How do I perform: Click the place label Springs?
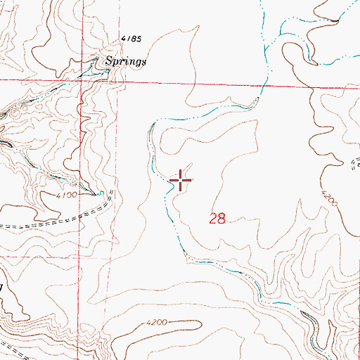(x=126, y=61)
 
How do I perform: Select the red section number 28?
(x=217, y=219)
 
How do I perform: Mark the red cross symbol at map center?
(x=181, y=181)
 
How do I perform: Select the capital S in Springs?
(x=109, y=61)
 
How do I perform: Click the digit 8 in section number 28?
(x=221, y=219)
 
